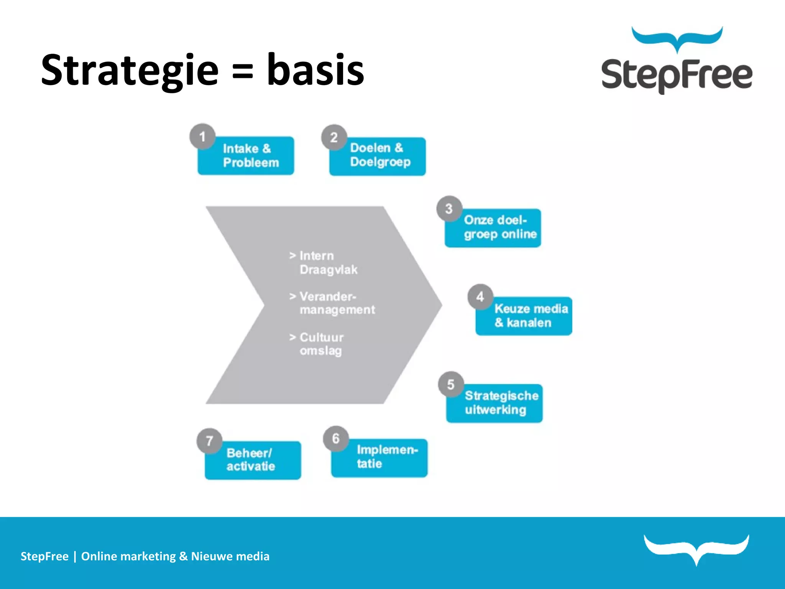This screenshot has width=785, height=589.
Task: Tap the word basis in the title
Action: pos(315,70)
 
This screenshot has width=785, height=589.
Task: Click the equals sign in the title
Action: pos(243,71)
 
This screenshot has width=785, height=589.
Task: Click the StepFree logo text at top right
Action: pos(677,75)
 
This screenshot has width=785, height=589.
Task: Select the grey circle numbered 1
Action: pos(202,137)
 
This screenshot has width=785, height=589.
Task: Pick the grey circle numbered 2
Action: pos(334,137)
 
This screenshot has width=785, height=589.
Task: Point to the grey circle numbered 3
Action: pos(449,209)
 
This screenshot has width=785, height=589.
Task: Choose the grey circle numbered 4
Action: pos(480,297)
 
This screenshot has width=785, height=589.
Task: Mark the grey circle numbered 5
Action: pos(451,384)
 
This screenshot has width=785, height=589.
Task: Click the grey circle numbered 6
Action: pos(336,439)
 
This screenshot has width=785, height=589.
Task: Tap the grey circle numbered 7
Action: pos(209,441)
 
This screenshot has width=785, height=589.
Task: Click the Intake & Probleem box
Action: pos(251,156)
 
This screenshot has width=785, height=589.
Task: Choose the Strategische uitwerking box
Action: pos(498,403)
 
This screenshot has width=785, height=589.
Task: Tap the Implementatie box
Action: pos(383,457)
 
